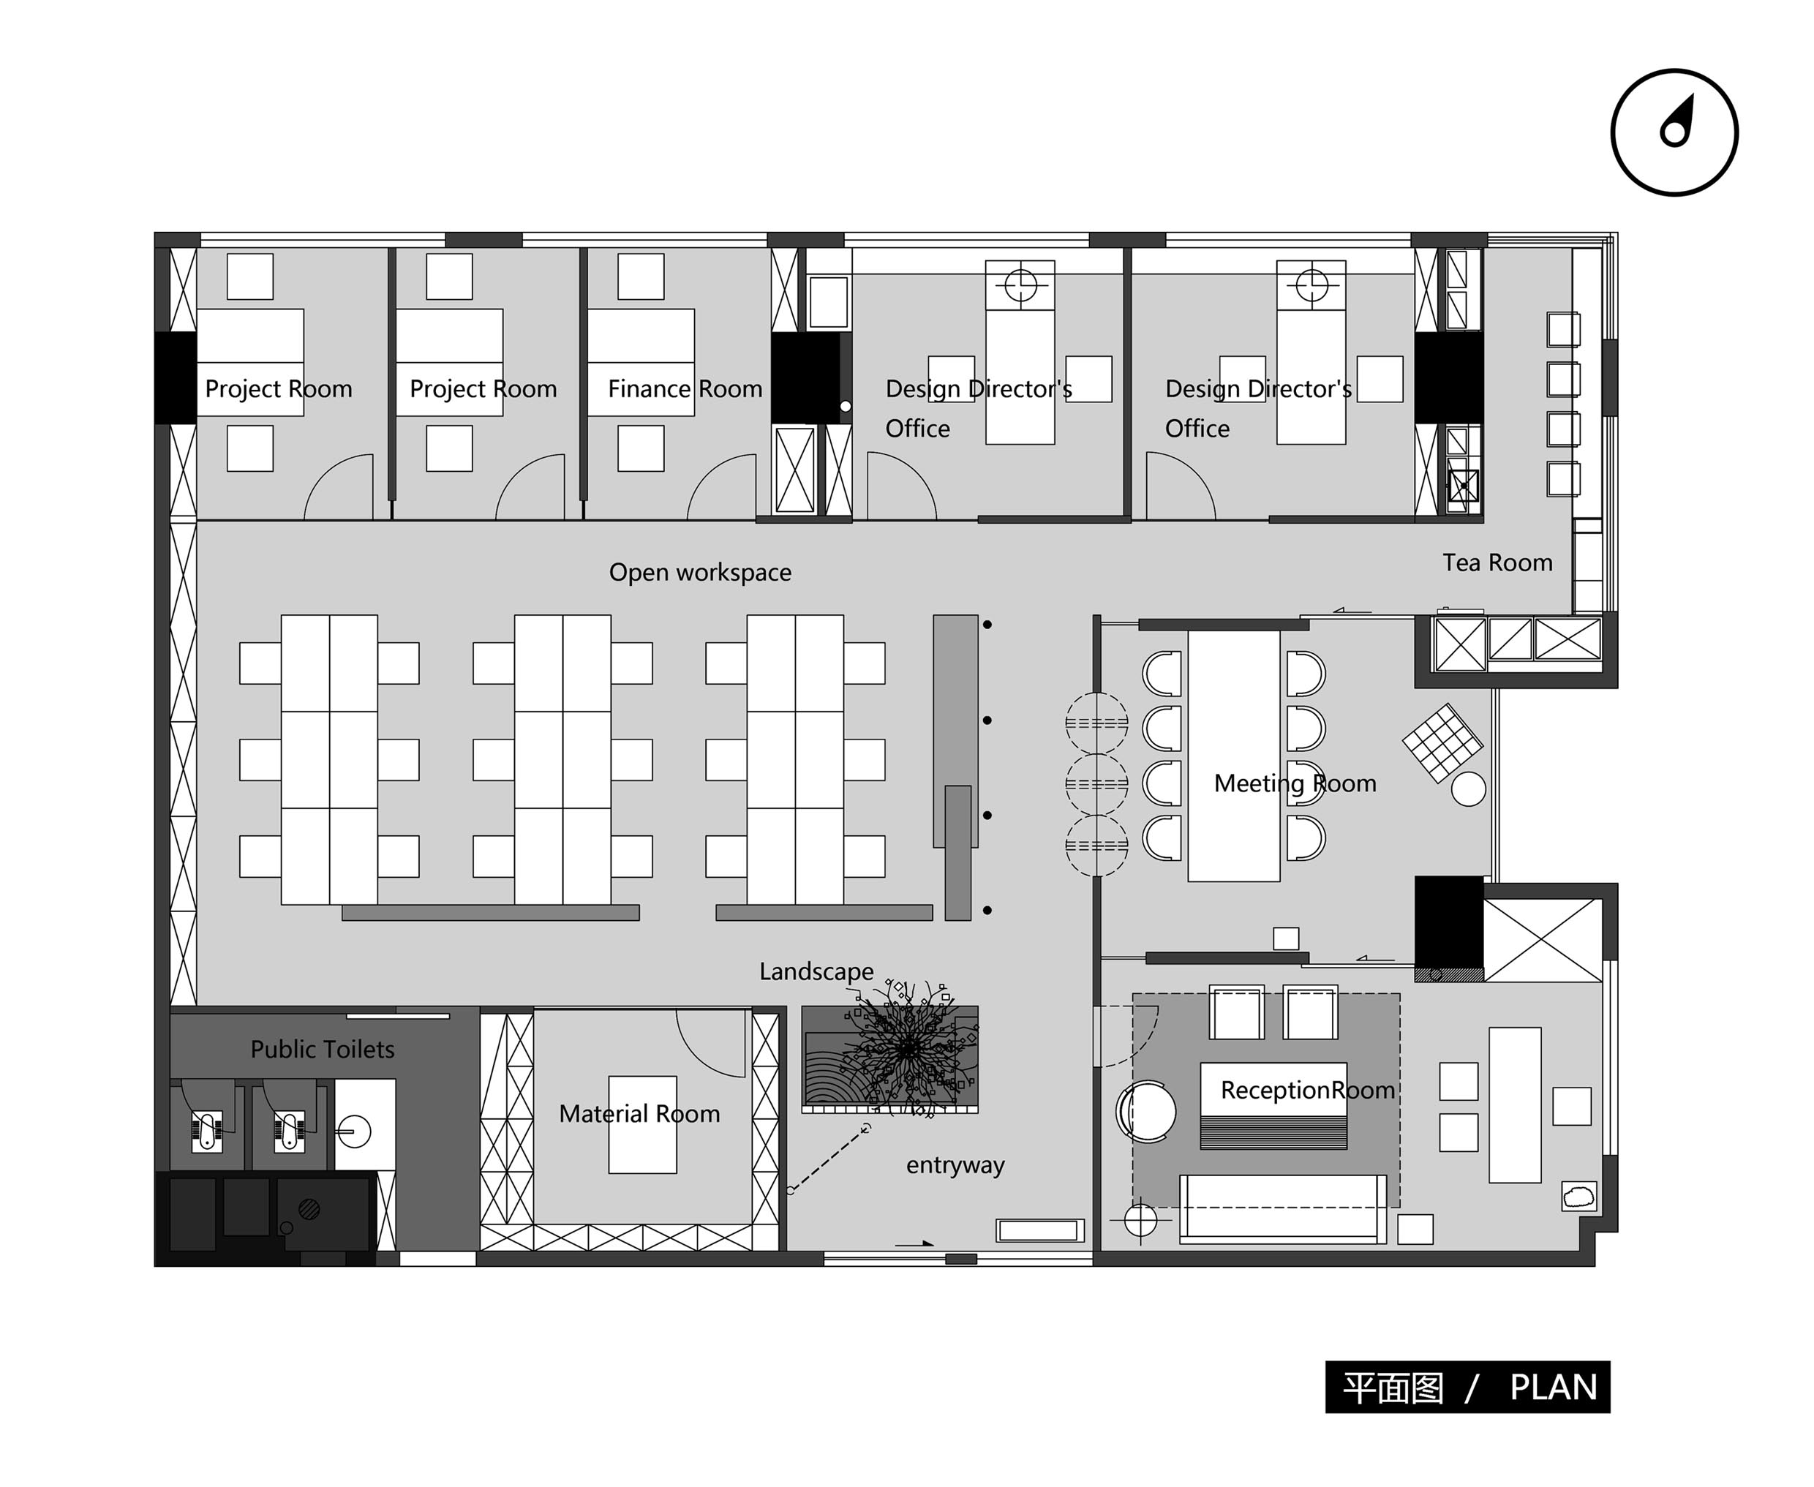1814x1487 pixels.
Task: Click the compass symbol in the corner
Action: point(1674,133)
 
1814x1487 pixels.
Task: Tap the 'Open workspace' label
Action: point(700,572)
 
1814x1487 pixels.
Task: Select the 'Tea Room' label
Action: point(1497,562)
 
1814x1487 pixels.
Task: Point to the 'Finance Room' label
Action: point(685,389)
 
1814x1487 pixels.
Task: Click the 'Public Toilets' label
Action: point(322,1050)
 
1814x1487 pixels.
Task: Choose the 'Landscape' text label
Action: point(816,971)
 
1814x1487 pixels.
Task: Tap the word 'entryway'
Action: point(955,1165)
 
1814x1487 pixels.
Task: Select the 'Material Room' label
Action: point(639,1113)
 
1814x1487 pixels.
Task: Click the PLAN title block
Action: point(1467,1387)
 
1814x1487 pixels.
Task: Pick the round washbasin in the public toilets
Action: point(354,1132)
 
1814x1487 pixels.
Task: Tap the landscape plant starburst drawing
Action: point(908,1047)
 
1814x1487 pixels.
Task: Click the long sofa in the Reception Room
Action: point(1283,1208)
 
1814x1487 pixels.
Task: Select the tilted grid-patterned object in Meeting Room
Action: point(1442,742)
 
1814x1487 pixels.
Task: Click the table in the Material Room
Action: point(642,1125)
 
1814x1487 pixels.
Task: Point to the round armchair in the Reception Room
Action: point(1146,1112)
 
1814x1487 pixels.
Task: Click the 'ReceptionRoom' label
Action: point(1307,1091)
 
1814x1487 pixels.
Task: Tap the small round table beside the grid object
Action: point(1468,790)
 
